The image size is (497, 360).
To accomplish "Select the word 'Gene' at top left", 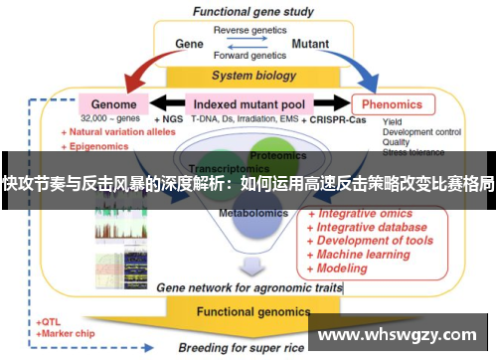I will pyautogui.click(x=189, y=45).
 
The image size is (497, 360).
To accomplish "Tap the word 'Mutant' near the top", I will pyautogui.click(x=311, y=45).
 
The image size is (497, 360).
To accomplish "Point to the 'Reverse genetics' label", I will pyautogui.click(x=248, y=31).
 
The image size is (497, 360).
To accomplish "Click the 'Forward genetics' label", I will pyautogui.click(x=248, y=57).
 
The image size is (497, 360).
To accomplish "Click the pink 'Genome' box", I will pyautogui.click(x=113, y=103).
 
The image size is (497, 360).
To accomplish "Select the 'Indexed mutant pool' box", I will pyautogui.click(x=248, y=103).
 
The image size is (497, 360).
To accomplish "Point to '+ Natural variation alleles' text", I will pyautogui.click(x=118, y=131).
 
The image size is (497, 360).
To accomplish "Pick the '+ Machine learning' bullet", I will pyautogui.click(x=361, y=255).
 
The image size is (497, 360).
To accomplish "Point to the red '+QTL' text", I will pyautogui.click(x=49, y=323).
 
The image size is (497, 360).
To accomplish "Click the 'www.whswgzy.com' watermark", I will pyautogui.click(x=400, y=326).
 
